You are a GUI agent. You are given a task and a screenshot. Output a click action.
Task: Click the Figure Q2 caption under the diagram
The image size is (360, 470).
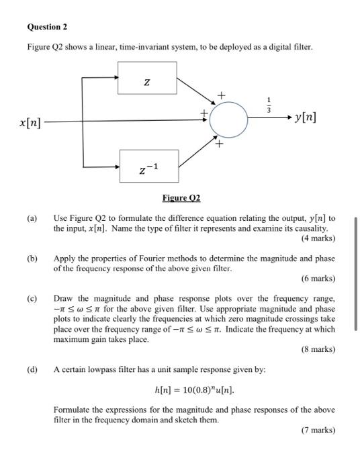click(181, 198)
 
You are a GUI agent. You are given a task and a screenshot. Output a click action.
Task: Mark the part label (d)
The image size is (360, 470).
click(32, 369)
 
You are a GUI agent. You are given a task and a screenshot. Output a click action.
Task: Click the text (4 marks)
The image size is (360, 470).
click(318, 238)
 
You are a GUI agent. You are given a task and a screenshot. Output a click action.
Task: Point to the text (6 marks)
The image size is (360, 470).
click(318, 279)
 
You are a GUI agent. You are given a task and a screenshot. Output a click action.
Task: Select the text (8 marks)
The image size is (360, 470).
click(318, 349)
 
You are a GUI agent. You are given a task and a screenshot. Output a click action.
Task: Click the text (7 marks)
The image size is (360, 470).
click(318, 430)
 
